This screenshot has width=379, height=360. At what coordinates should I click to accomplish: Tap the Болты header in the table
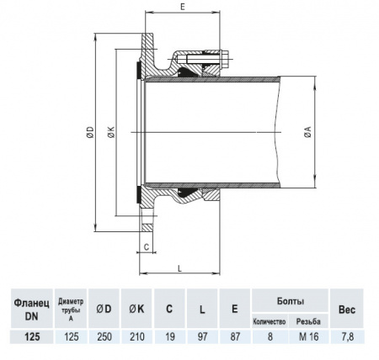290,300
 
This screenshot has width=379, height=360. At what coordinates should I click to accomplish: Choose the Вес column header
347,309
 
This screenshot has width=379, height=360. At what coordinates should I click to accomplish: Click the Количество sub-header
270,321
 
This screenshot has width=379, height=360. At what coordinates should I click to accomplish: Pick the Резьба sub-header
308,321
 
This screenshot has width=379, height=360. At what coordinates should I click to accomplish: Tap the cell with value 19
169,336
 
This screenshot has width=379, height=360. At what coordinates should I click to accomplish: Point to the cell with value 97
202,336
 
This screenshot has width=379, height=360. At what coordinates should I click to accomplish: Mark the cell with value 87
234,336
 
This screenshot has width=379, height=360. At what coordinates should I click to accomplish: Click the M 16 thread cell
308,336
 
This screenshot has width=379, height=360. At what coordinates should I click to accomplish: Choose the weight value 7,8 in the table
347,336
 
